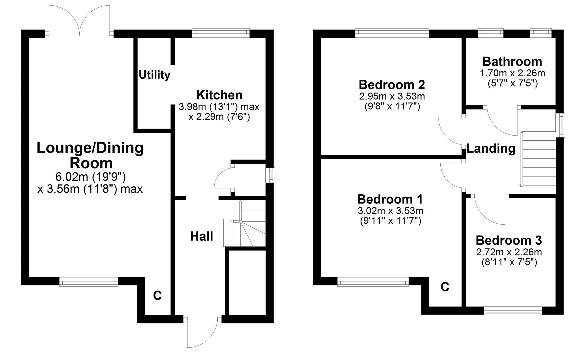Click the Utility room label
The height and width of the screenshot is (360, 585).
pyautogui.click(x=154, y=75)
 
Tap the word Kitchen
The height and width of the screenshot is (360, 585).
pyautogui.click(x=219, y=95)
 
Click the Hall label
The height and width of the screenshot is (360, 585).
pyautogui.click(x=201, y=236)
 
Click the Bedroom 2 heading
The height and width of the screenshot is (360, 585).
pyautogui.click(x=392, y=85)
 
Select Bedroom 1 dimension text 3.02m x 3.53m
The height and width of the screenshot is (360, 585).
pyautogui.click(x=390, y=211)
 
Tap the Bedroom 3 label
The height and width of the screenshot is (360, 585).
pyautogui.click(x=509, y=240)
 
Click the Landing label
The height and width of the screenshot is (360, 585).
pyautogui.click(x=491, y=148)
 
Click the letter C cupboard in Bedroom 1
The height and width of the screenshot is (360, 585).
pyautogui.click(x=445, y=287)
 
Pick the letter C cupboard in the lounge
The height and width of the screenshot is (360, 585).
pyautogui.click(x=157, y=295)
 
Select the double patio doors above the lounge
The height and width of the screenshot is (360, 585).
pyautogui.click(x=79, y=20)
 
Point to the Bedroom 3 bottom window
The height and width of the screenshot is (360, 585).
pyautogui.click(x=512, y=312)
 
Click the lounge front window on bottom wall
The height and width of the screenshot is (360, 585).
pyautogui.click(x=89, y=282)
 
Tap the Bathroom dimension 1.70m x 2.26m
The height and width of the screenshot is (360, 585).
pyautogui.click(x=512, y=73)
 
